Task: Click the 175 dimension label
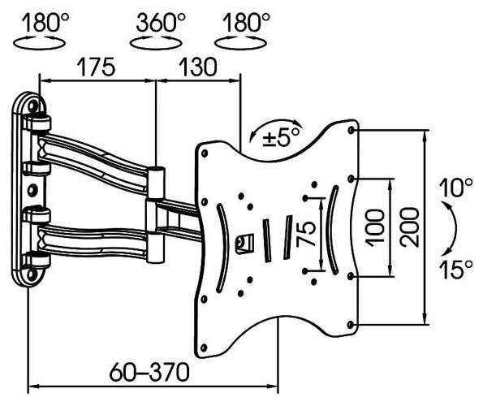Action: coord(96,67)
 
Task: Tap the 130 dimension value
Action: coord(198,67)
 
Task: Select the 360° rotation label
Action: coord(161,23)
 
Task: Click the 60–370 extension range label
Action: coord(149,372)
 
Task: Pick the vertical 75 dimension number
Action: coord(306,235)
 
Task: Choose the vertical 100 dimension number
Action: coord(375,228)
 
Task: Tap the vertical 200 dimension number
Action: coord(410,227)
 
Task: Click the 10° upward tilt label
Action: coord(455,188)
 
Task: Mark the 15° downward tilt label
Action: coord(455,270)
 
